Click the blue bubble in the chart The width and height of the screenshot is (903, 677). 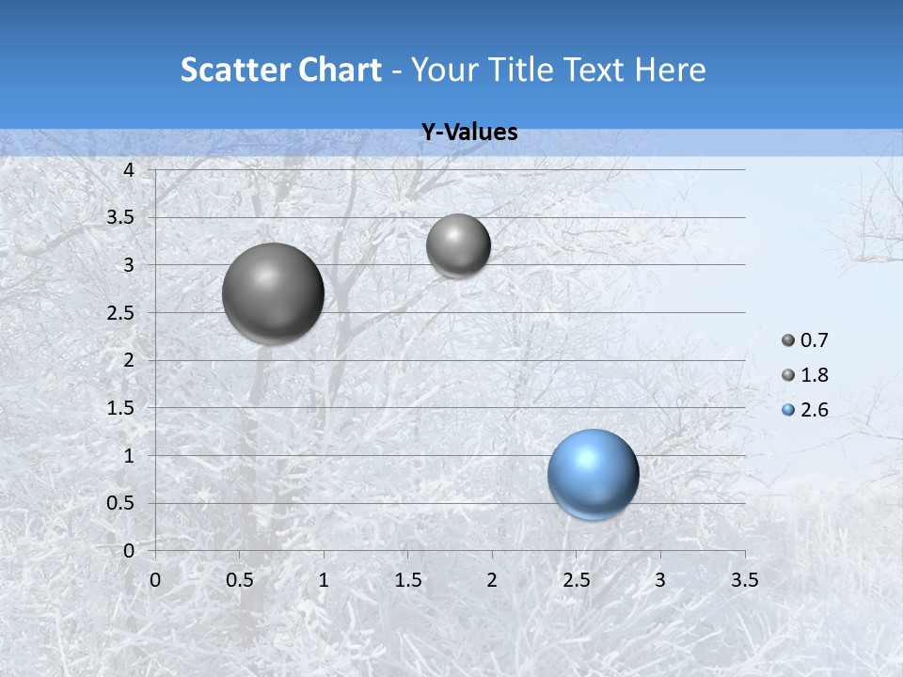click(594, 474)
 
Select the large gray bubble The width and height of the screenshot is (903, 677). click(273, 293)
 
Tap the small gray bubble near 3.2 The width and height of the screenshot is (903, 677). click(458, 246)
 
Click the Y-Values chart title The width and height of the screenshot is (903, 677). click(469, 133)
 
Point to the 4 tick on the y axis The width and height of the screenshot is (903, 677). click(130, 170)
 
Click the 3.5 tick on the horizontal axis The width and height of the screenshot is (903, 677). click(744, 580)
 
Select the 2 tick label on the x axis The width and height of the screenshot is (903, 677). click(492, 580)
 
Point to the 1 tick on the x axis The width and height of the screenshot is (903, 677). click(324, 580)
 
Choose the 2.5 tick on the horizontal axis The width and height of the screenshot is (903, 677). click(576, 580)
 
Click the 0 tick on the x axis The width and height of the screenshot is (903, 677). click(155, 580)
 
